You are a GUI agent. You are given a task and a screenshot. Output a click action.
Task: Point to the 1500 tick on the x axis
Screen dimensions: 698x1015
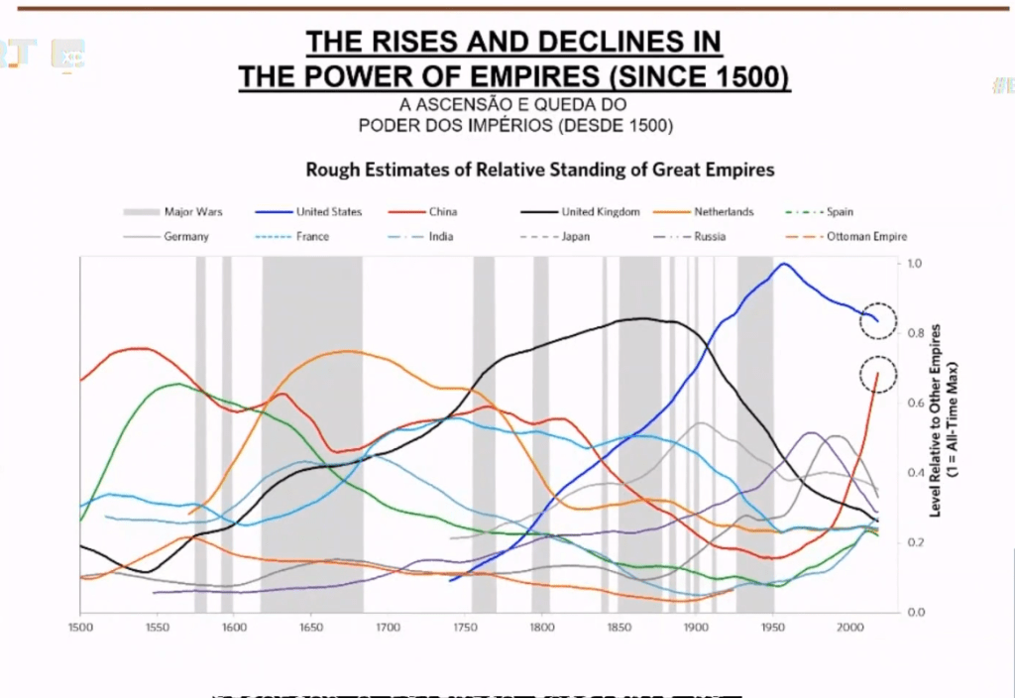(80, 627)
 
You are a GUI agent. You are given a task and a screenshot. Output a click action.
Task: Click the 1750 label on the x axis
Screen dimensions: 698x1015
(464, 627)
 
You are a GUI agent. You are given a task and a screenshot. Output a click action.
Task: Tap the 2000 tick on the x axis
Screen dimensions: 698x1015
(849, 627)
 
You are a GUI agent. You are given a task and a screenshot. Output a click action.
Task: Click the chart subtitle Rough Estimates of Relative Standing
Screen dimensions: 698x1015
(540, 170)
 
